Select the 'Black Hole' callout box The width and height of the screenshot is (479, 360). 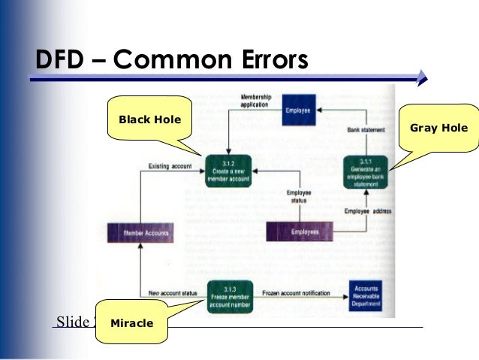click(149, 119)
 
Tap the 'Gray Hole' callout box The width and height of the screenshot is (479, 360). click(438, 128)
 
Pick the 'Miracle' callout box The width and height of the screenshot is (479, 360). click(131, 323)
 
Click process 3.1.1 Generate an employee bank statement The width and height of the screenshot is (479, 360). click(366, 171)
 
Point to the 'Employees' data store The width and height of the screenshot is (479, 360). click(305, 232)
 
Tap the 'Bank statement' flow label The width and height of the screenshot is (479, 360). click(366, 130)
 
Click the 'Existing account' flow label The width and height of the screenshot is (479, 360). click(170, 165)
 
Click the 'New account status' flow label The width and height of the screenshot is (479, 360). click(172, 292)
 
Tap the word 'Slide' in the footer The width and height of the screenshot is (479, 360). click(73, 322)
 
